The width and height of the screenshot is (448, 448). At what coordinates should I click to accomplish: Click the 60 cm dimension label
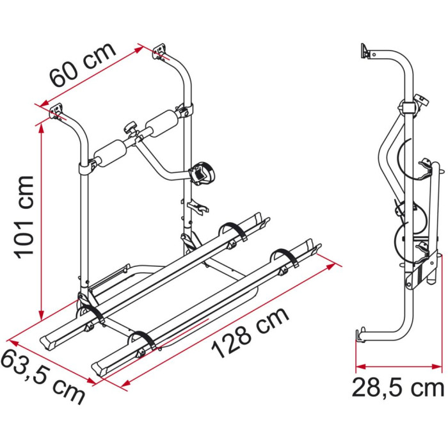click(83, 65)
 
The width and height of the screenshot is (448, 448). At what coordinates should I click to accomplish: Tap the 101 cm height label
click(25, 217)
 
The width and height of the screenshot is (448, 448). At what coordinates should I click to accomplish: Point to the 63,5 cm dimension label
click(43, 376)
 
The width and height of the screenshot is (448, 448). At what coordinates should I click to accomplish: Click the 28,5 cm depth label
click(397, 387)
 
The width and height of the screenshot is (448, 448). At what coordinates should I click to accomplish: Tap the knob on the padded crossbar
click(131, 127)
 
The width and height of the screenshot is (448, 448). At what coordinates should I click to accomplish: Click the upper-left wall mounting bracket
click(56, 111)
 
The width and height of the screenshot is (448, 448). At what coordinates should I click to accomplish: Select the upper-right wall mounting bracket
click(160, 51)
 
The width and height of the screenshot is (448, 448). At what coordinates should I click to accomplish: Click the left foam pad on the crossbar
click(111, 153)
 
